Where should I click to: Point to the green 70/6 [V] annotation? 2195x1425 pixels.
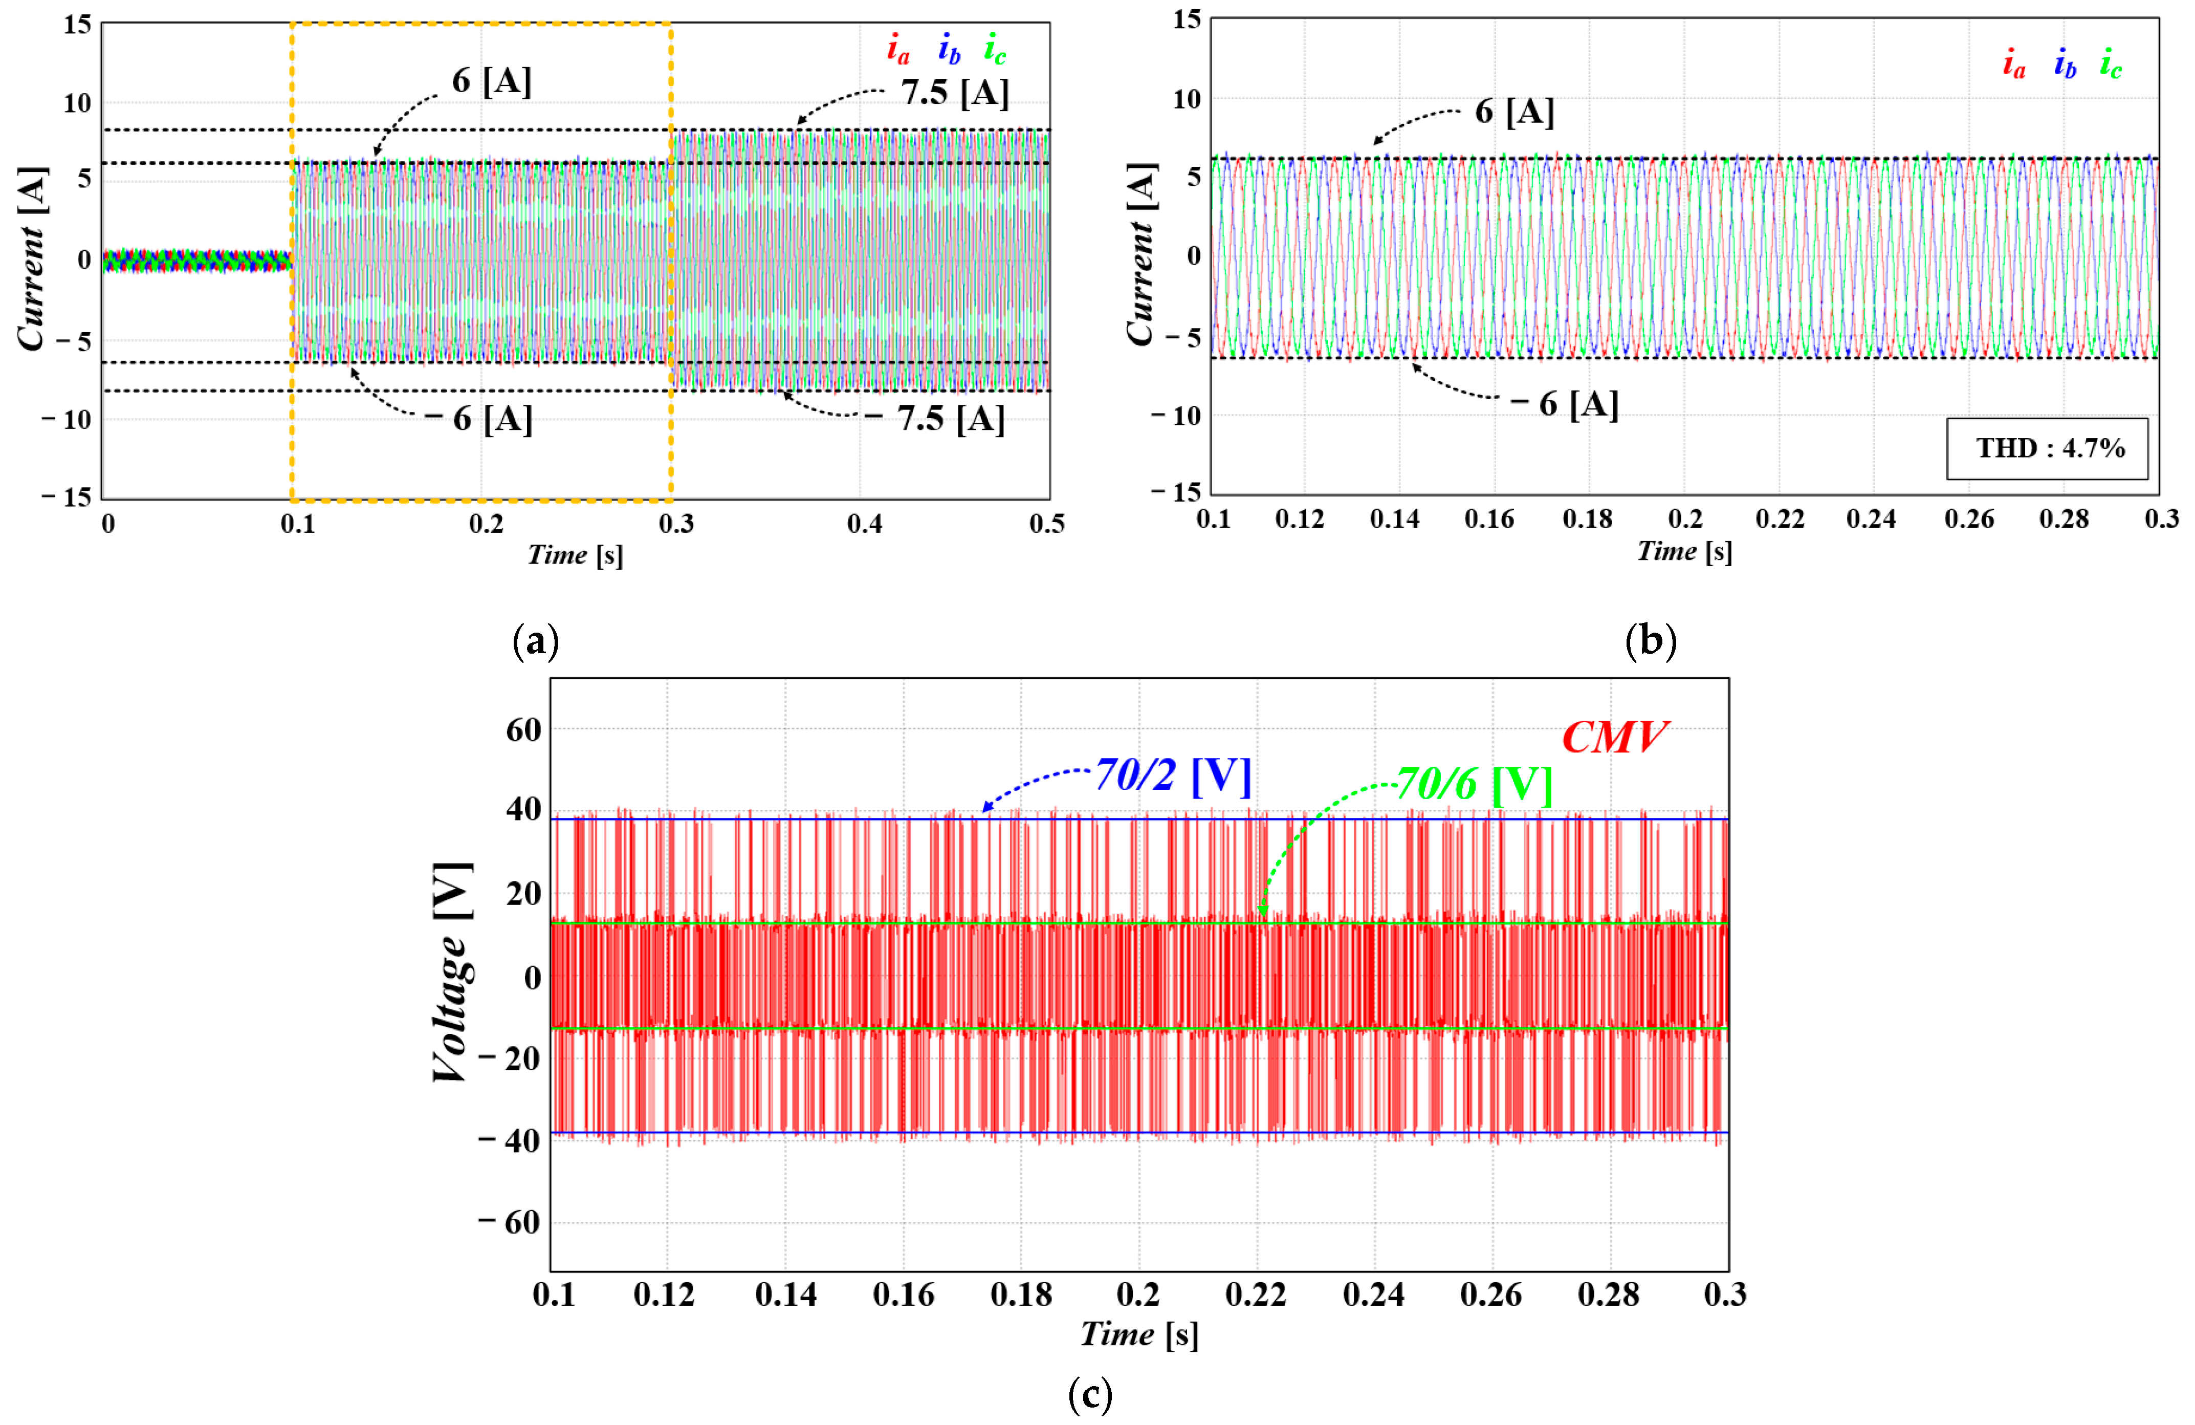point(1474,784)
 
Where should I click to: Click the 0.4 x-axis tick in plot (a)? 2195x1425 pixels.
point(864,524)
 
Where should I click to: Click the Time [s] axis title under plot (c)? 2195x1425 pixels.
point(1139,1334)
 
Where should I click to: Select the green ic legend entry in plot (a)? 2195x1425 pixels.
point(994,49)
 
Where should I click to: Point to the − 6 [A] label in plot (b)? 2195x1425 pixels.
point(1565,404)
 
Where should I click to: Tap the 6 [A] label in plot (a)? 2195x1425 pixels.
point(492,81)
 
